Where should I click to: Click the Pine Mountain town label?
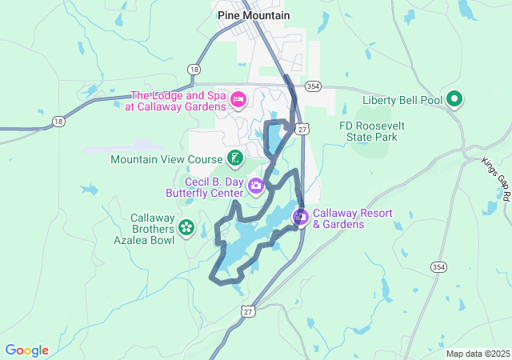[254, 15]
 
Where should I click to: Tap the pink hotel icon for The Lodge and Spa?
[238, 99]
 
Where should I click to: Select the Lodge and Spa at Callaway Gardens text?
[178, 100]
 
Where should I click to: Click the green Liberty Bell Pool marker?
[454, 99]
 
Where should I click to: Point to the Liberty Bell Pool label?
[402, 100]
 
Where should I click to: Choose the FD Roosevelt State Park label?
[367, 132]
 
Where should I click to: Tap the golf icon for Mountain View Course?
[234, 158]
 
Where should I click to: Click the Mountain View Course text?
[167, 158]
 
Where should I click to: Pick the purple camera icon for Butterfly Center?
[256, 186]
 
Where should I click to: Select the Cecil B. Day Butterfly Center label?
[204, 187]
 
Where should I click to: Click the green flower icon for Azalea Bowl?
[186, 228]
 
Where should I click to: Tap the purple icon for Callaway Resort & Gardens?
[301, 217]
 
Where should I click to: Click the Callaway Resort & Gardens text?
[349, 218]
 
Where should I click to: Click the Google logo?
[26, 350]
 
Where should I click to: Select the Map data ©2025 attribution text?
[478, 354]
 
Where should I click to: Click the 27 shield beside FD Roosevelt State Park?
[302, 129]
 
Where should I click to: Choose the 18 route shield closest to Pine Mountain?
[194, 70]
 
